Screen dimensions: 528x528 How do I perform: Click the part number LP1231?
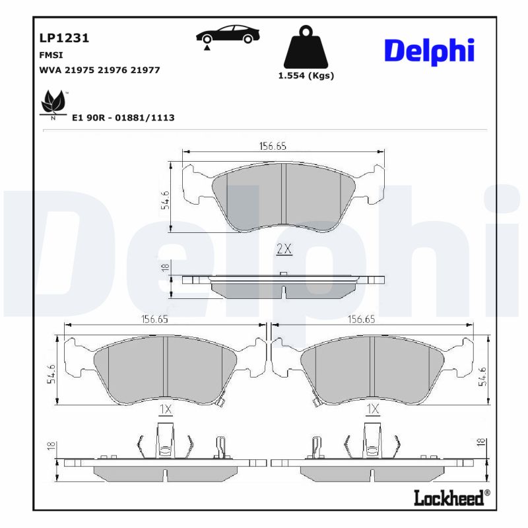point(65,38)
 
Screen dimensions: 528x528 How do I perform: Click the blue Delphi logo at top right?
point(429,50)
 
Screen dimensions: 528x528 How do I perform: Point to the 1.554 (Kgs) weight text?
point(306,75)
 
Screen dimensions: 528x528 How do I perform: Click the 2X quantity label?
point(284,249)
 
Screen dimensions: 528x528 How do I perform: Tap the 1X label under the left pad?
point(165,410)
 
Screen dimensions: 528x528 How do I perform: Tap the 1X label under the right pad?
point(372,410)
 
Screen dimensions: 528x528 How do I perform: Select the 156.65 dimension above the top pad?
point(272,147)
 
